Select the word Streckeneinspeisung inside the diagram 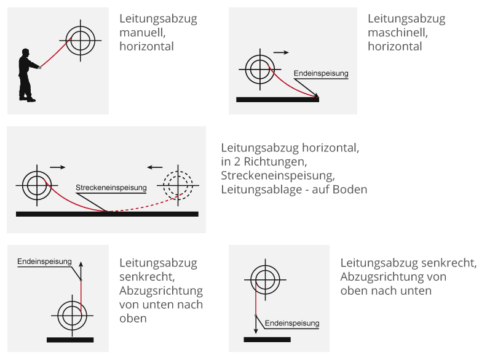(111, 188)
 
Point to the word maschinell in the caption (398, 33)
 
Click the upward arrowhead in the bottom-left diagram (81, 265)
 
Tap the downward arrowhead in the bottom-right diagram (256, 330)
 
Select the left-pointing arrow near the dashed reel (155, 167)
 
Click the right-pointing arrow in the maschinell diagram (281, 52)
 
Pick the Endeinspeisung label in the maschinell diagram (321, 73)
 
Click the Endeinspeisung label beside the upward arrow (44, 262)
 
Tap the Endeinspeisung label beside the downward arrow (292, 323)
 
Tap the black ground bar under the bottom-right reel (267, 340)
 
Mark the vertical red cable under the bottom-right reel (255, 298)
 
